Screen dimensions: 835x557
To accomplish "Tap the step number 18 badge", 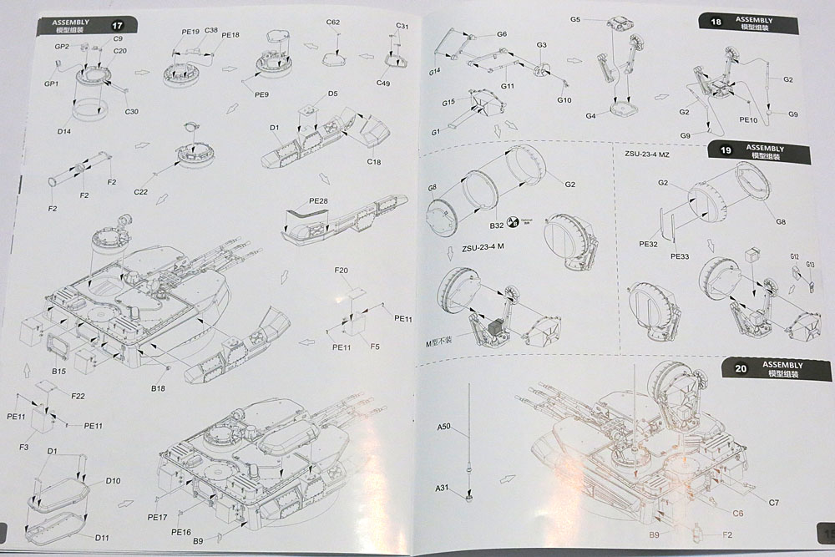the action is pyautogui.click(x=716, y=23).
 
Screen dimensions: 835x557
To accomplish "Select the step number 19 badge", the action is pyautogui.click(x=726, y=151).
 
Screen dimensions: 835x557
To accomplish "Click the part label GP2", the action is pyautogui.click(x=62, y=47).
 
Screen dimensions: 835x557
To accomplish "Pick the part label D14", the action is pyautogui.click(x=64, y=131).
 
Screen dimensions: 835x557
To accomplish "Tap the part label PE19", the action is pyautogui.click(x=190, y=32).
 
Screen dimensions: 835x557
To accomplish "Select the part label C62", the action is pyautogui.click(x=333, y=22).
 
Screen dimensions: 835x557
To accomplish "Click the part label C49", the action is pyautogui.click(x=383, y=83).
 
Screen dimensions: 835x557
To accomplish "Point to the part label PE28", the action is pyautogui.click(x=318, y=201).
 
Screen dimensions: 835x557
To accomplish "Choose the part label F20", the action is pyautogui.click(x=341, y=271).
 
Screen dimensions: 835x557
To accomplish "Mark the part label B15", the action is pyautogui.click(x=58, y=371).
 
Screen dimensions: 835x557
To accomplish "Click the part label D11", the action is pyautogui.click(x=102, y=536).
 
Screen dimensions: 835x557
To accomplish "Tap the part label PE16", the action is pyautogui.click(x=181, y=532).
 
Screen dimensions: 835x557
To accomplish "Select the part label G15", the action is pyautogui.click(x=448, y=102).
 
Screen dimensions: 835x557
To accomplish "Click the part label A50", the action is pyautogui.click(x=443, y=427).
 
